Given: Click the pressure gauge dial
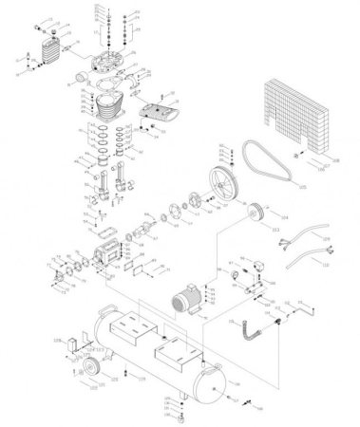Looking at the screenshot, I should point(231,274).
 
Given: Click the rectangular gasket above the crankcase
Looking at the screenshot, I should point(108,232).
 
